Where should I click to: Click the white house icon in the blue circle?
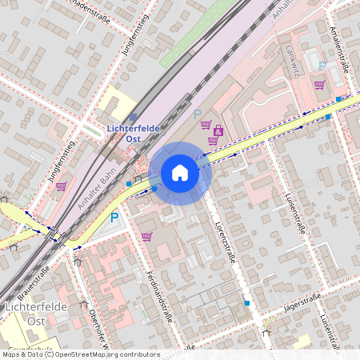point(180,173)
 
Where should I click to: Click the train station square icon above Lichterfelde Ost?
point(133,117)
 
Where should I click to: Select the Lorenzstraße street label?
point(225,234)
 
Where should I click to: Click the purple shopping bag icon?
point(218,131)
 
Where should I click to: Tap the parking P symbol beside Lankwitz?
point(322,66)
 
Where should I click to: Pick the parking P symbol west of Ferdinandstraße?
point(114,217)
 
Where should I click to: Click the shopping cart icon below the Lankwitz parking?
point(319,85)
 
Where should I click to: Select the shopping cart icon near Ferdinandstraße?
point(146,236)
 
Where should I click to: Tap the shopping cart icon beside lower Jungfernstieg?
point(61,186)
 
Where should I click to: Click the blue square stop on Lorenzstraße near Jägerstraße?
point(247,303)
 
